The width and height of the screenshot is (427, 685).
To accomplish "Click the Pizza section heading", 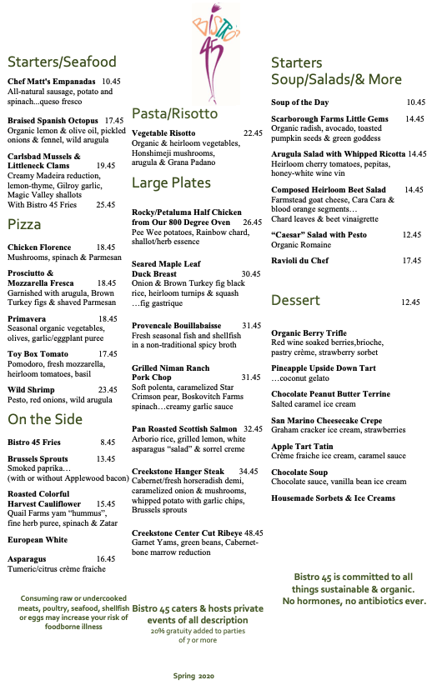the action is pos(24,225).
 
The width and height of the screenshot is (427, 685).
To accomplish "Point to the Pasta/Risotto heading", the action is pos(174,113).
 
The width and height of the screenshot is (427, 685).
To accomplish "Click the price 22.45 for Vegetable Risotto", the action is pos(253,133).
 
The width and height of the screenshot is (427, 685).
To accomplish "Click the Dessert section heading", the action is pos(295,300).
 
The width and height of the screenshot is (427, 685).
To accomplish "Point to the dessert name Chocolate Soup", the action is pos(299,472).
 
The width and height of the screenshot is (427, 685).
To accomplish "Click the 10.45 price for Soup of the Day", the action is pos(415,102).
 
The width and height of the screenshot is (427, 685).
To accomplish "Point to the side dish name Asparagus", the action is pos(28,558).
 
